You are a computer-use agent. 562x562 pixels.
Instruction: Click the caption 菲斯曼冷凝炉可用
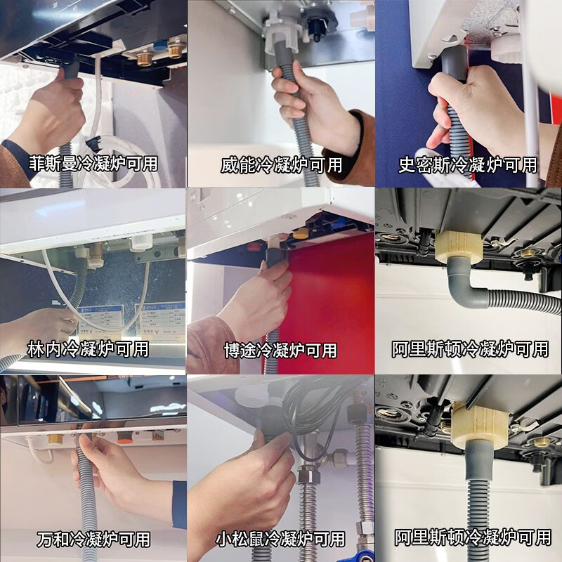click(x=93, y=164)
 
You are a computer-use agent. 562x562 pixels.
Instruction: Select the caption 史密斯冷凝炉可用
click(x=467, y=165)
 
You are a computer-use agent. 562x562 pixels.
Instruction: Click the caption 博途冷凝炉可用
click(x=280, y=349)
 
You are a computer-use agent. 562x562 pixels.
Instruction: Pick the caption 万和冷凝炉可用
click(x=93, y=540)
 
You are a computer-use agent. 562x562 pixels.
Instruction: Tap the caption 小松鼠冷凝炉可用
click(x=280, y=540)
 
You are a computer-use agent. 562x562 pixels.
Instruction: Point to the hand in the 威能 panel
click(x=309, y=105)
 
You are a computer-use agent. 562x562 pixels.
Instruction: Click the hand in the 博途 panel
click(x=256, y=302)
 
